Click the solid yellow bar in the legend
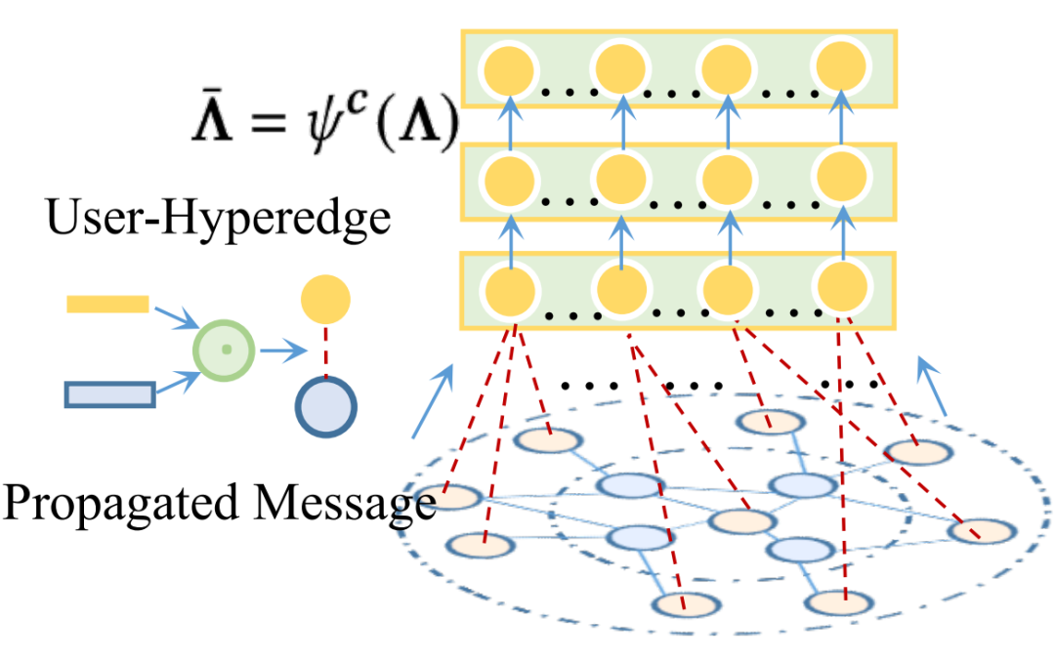pyautogui.click(x=107, y=305)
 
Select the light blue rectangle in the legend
pyautogui.click(x=109, y=393)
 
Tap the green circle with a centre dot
pyautogui.click(x=225, y=349)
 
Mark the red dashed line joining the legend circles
pyautogui.click(x=325, y=350)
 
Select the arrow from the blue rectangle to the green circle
pyautogui.click(x=177, y=380)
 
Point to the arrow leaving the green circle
pyautogui.click(x=274, y=351)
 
